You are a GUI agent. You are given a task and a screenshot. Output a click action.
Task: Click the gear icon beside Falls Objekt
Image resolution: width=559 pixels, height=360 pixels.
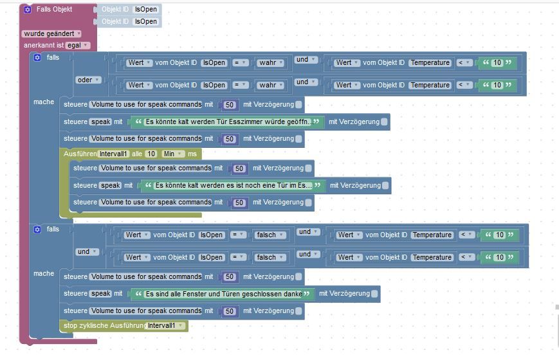tap(28, 10)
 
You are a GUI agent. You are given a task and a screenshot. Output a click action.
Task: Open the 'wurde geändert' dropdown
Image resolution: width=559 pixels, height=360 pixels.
tap(52, 33)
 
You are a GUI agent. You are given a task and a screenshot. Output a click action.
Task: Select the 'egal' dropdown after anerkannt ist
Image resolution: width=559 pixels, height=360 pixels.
tap(77, 46)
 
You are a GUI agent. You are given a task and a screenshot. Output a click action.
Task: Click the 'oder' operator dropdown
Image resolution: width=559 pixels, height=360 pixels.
tap(89, 80)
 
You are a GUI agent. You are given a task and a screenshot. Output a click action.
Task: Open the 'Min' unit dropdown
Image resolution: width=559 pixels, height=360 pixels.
tap(173, 154)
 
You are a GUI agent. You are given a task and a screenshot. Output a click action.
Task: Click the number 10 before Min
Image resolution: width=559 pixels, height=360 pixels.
tap(151, 154)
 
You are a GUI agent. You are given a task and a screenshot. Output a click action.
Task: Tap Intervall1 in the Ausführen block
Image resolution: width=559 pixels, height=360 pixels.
tap(113, 154)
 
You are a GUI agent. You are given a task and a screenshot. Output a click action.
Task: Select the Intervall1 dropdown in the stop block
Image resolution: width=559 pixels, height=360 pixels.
tap(165, 326)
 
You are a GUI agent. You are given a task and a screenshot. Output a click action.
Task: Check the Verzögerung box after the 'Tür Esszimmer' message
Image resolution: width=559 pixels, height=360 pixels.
tap(384, 122)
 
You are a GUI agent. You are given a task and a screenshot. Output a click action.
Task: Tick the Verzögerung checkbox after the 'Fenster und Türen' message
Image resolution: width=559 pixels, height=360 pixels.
tap(374, 294)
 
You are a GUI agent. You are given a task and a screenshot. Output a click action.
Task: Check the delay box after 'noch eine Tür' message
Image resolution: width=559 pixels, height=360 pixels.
tap(385, 185)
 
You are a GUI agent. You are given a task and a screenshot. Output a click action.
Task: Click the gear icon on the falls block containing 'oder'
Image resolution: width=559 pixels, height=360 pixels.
tap(37, 58)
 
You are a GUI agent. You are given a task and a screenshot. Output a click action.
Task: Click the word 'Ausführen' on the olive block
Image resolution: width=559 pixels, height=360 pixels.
tap(80, 154)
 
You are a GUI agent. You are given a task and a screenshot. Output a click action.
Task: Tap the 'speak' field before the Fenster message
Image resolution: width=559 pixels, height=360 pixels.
tap(102, 294)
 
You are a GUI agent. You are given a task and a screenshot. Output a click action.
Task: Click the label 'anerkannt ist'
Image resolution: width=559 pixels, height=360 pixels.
tap(43, 46)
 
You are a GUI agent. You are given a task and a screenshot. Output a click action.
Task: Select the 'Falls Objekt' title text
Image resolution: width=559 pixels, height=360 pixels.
tap(55, 10)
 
